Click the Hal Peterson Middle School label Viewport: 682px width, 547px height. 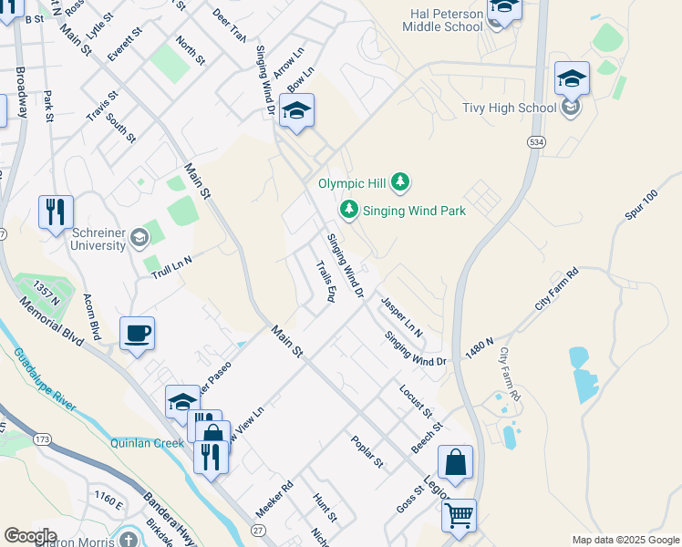(x=443, y=18)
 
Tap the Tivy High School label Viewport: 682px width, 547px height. (x=511, y=108)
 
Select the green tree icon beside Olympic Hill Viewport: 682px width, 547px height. (x=399, y=183)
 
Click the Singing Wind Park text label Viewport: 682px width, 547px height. (x=414, y=211)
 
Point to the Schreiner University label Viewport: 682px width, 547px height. (x=98, y=239)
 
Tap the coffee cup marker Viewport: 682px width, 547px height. (x=137, y=333)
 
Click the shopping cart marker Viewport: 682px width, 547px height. (x=459, y=515)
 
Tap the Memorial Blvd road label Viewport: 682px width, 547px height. (x=56, y=317)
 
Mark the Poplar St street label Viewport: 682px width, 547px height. (x=367, y=451)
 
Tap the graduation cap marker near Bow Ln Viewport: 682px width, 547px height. (x=296, y=111)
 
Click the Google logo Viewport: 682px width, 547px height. (x=30, y=536)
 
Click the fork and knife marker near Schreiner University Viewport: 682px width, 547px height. (x=56, y=212)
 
